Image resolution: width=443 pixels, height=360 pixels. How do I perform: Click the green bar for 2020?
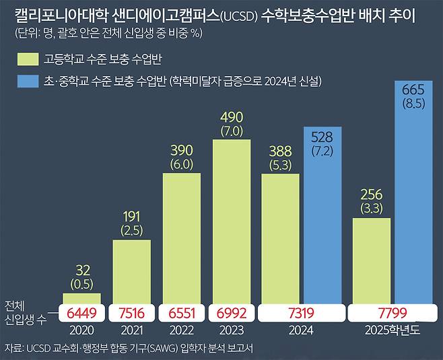[x=81, y=298]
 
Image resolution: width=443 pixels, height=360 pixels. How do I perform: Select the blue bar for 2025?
[x=413, y=202]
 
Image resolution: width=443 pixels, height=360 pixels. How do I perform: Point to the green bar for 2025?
[x=371, y=259]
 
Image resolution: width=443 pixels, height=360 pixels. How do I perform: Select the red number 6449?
[x=81, y=313]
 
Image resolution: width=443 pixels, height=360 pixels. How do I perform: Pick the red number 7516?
[x=131, y=313]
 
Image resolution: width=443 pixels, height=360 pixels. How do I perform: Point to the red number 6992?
[x=231, y=313]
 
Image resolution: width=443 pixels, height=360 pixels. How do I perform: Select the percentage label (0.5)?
[x=81, y=283]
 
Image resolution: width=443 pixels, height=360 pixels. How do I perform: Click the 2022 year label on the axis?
[x=181, y=331]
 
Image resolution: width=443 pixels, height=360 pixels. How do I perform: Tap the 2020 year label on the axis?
[x=81, y=331]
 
